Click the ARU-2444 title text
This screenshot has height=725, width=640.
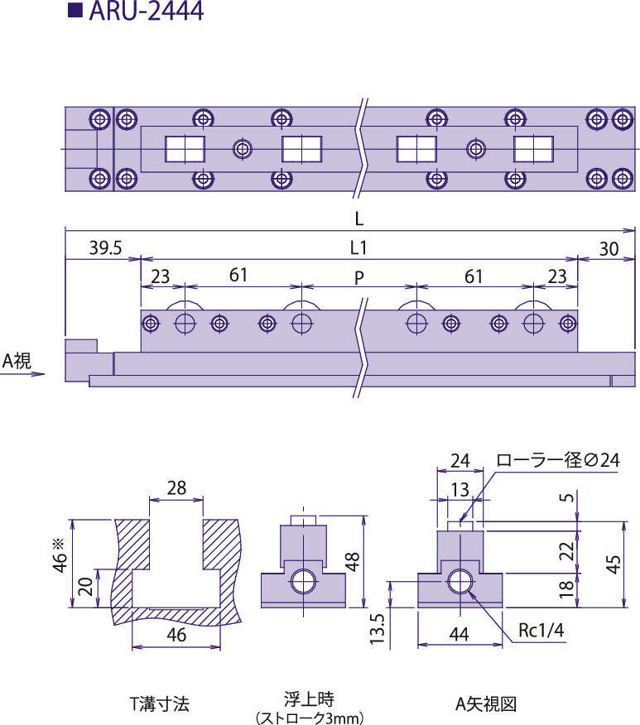coord(146,11)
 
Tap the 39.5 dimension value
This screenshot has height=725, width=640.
coord(105,247)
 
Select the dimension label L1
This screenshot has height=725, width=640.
coord(358,248)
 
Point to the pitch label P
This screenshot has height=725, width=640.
coord(358,277)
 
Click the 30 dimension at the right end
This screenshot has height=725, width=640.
coord(609,249)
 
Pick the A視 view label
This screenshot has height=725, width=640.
coord(17,360)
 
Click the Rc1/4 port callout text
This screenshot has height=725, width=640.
coord(541,630)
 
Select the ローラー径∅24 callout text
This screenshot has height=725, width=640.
coord(558,460)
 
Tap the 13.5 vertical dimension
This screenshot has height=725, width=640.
coord(378,628)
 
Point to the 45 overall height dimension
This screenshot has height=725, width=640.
coord(614,564)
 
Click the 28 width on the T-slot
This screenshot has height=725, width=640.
coord(176,487)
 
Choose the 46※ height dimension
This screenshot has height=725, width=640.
coord(60,555)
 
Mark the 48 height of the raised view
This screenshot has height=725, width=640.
coord(353,561)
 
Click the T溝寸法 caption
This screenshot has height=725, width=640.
coord(160,703)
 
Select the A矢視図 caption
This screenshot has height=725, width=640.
coord(485,703)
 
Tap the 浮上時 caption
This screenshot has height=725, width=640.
coord(309,699)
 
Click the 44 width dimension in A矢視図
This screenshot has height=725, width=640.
coord(460,634)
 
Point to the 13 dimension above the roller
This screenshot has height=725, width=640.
coord(460,489)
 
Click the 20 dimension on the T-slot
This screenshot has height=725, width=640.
coord(86,587)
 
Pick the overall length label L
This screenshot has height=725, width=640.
coord(358,218)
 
